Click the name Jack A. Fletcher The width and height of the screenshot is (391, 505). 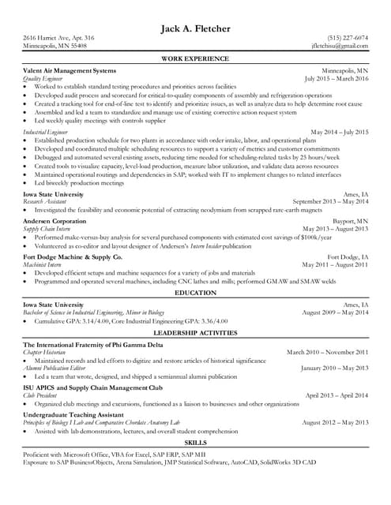point(195,29)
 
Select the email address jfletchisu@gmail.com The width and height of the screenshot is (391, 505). point(340,47)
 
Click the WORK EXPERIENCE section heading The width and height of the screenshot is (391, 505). point(195,59)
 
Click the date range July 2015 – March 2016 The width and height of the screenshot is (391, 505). point(336,79)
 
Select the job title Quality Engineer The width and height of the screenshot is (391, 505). point(43,79)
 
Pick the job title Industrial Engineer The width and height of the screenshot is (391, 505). point(45,132)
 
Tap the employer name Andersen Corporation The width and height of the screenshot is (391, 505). point(59,223)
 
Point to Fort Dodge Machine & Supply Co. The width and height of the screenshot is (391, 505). point(73,257)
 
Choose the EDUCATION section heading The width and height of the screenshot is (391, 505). point(195,292)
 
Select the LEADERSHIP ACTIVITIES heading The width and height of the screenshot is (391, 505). point(195,333)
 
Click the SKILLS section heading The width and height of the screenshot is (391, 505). point(195,443)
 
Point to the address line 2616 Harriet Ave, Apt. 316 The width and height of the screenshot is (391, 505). point(58,38)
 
